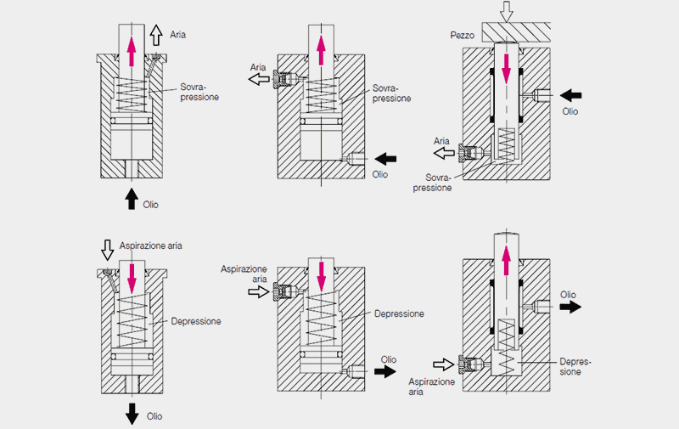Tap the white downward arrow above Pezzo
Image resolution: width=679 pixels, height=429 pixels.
tap(507, 11)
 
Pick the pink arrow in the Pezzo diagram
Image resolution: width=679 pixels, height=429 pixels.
tap(507, 66)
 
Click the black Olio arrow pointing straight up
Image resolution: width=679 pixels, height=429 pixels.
tap(130, 197)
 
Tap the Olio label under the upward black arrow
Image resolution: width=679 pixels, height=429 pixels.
tap(149, 205)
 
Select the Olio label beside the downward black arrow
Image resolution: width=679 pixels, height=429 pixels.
tap(154, 416)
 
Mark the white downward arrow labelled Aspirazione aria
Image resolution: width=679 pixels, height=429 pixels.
tap(107, 249)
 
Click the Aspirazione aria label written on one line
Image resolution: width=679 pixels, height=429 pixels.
tap(151, 246)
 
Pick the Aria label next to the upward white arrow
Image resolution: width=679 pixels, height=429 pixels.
tap(177, 35)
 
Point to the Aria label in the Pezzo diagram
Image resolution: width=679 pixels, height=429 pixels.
tap(441, 141)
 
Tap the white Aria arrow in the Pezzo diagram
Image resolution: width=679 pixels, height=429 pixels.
tap(442, 153)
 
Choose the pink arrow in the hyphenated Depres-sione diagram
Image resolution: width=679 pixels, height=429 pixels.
tap(508, 257)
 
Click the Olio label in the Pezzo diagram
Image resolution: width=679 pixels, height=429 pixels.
tap(571, 110)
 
